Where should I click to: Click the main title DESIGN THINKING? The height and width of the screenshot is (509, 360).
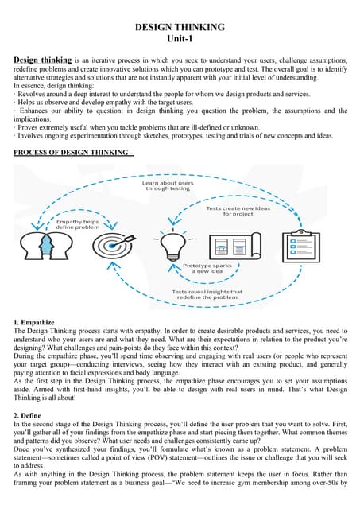click(x=180, y=27)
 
